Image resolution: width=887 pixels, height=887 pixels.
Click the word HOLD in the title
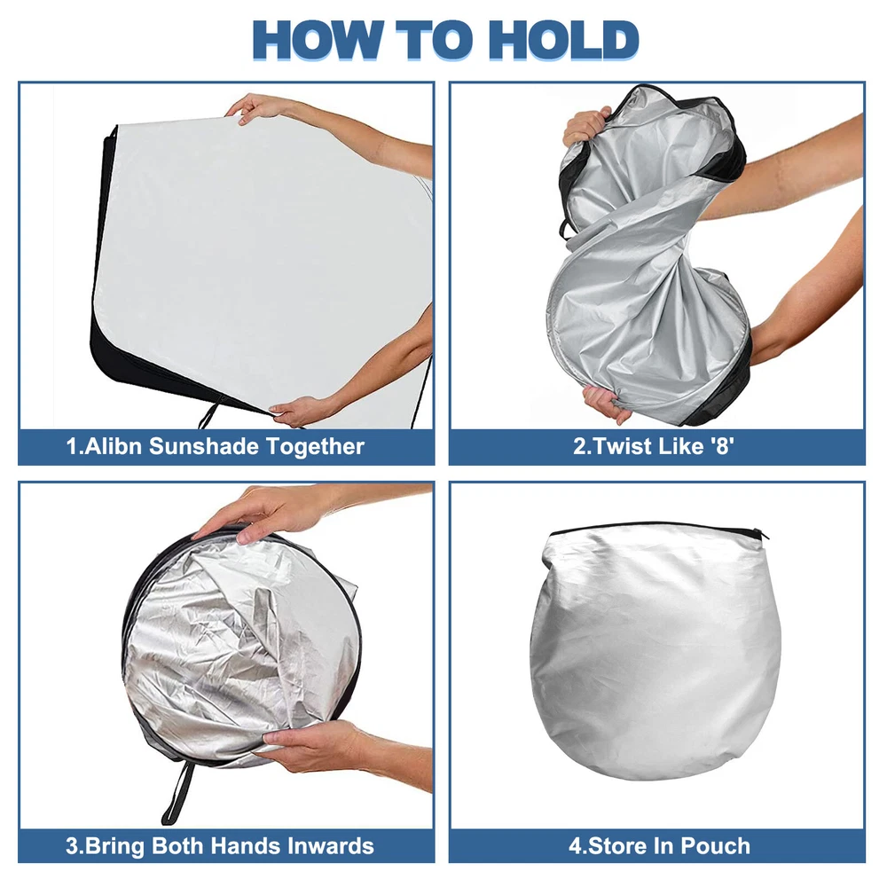pos(563,40)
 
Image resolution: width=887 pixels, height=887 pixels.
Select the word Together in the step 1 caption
pos(315,447)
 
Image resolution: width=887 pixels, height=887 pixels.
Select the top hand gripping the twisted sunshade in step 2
pos(585,126)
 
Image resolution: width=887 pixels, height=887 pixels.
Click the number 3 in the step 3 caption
pos(72,846)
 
